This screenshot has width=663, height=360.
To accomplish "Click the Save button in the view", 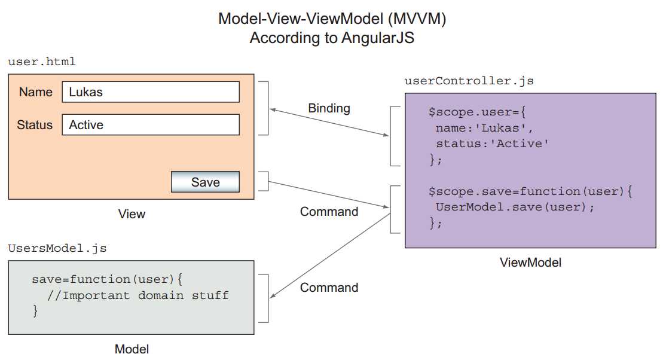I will [x=205, y=182].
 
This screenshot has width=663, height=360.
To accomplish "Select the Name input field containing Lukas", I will [x=151, y=92].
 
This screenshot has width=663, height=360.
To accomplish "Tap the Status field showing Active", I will [x=151, y=125].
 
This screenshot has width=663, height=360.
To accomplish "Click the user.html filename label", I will [x=42, y=62].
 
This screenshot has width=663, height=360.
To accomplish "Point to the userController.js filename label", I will [x=469, y=80].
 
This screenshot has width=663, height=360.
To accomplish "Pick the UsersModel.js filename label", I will [x=57, y=248].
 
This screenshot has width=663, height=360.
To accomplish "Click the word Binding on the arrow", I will [x=329, y=108].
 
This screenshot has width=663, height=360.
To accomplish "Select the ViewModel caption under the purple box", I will [x=530, y=262].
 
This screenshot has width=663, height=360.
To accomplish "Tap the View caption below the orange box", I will [x=132, y=213].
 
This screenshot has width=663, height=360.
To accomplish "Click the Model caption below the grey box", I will [x=132, y=349].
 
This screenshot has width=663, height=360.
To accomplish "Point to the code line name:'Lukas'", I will [x=484, y=128].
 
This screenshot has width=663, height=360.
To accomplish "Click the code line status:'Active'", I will [x=492, y=144].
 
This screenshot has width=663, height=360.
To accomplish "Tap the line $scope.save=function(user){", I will [x=530, y=192].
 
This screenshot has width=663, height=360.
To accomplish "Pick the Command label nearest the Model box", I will [x=329, y=288].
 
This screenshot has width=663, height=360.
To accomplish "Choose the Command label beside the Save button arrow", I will [x=329, y=212].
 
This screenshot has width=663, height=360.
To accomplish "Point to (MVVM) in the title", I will [x=417, y=19].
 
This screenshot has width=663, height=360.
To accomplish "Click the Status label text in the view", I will [x=35, y=125].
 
